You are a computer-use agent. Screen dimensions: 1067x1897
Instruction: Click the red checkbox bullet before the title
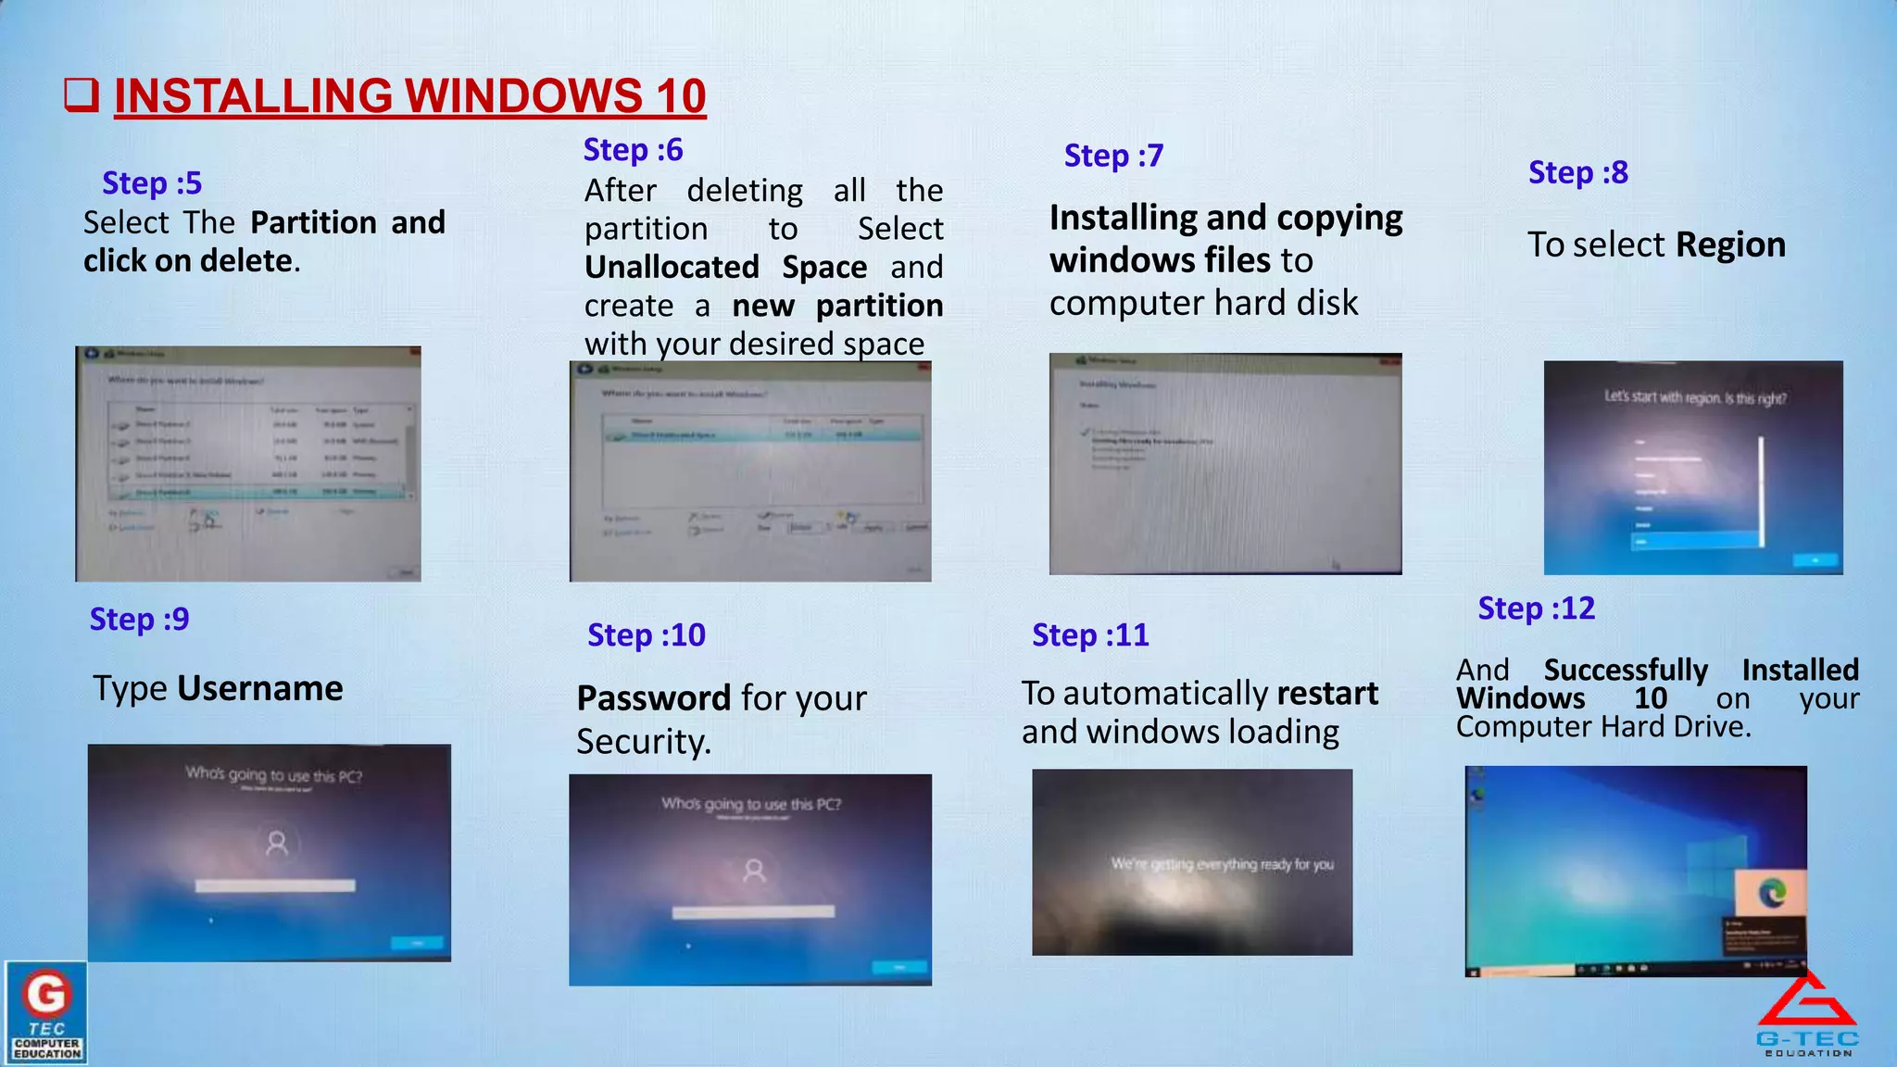pyautogui.click(x=82, y=94)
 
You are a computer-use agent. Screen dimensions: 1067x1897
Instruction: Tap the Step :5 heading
pyautogui.click(x=152, y=183)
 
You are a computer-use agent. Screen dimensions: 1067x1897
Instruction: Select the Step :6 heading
pyautogui.click(x=633, y=149)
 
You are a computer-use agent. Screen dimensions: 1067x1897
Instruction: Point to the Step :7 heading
pyautogui.click(x=1113, y=156)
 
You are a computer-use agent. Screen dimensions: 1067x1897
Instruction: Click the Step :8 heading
pyautogui.click(x=1577, y=172)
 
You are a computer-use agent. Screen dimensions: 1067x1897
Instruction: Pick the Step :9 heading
pyautogui.click(x=139, y=619)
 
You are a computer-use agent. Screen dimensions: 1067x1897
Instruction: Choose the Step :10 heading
pyautogui.click(x=646, y=635)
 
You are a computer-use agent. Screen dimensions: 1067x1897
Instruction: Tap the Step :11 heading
pyautogui.click(x=1090, y=635)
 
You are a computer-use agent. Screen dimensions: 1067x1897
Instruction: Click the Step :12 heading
pyautogui.click(x=1536, y=609)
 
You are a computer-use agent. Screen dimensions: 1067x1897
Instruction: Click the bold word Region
pyautogui.click(x=1730, y=245)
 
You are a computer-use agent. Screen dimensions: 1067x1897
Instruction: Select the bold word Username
pyautogui.click(x=259, y=688)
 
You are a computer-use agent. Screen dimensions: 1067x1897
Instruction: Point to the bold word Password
pyautogui.click(x=654, y=698)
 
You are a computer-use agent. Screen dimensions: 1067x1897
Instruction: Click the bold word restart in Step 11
pyautogui.click(x=1326, y=693)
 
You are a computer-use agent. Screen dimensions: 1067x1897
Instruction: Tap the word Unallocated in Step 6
pyautogui.click(x=672, y=268)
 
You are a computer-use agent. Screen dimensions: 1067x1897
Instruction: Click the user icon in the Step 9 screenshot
pyautogui.click(x=277, y=843)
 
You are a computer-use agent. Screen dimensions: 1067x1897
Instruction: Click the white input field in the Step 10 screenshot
pyautogui.click(x=752, y=912)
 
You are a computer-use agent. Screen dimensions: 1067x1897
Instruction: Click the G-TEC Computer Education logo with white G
pyautogui.click(x=46, y=1011)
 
